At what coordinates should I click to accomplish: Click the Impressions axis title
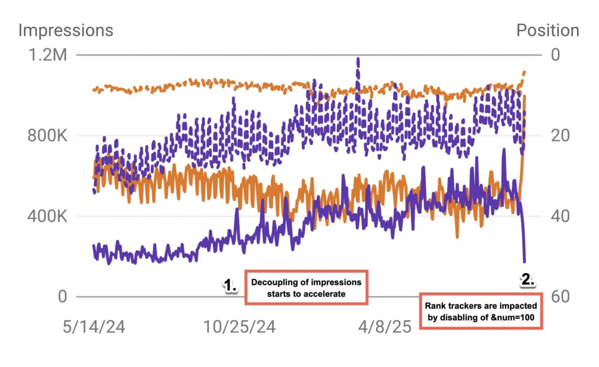66,30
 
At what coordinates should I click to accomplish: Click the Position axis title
548,30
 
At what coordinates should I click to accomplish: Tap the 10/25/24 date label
239,326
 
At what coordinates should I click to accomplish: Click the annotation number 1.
229,286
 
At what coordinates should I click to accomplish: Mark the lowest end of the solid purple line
524,261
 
